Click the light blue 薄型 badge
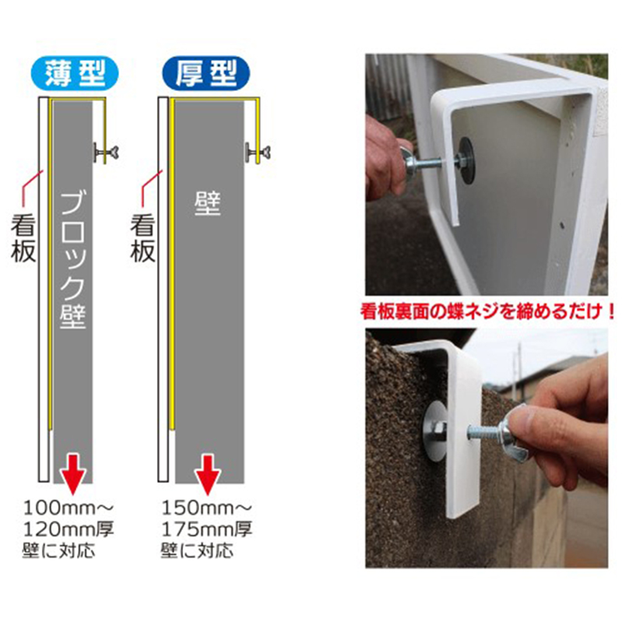click(x=75, y=73)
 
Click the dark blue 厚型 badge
click(x=206, y=73)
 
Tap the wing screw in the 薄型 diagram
click(x=106, y=153)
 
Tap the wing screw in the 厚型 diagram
click(x=258, y=153)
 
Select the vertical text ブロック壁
click(x=73, y=260)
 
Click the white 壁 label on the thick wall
click(x=208, y=203)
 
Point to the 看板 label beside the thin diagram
click(x=23, y=238)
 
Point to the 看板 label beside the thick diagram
click(x=142, y=238)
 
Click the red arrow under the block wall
click(x=73, y=475)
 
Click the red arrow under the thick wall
click(x=208, y=475)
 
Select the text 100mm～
click(x=69, y=508)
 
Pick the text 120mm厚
click(x=69, y=529)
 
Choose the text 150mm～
click(x=206, y=508)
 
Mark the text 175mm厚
click(x=206, y=529)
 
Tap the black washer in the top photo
click(x=466, y=160)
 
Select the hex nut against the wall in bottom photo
click(x=439, y=430)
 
